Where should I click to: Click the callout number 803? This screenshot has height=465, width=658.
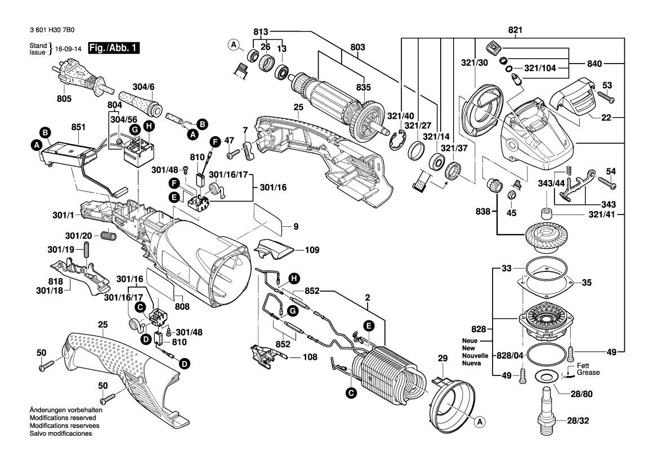tap(358, 47)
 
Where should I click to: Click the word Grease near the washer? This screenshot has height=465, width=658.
tap(588, 373)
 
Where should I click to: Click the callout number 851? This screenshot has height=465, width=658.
tap(77, 128)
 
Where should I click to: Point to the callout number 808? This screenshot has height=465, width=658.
tap(182, 307)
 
